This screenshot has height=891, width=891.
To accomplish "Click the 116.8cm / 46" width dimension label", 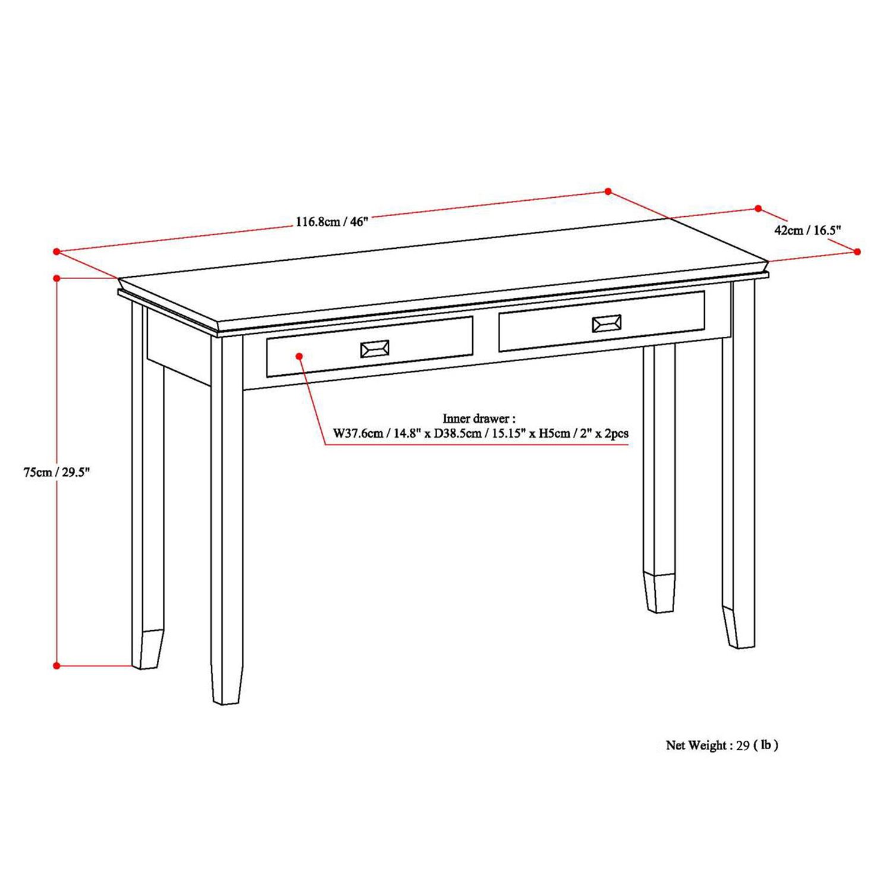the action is pos(333,222).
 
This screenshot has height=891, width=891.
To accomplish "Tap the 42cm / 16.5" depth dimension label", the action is pos(808,230).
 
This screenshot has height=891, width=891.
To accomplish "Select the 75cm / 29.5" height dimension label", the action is pos(56,472).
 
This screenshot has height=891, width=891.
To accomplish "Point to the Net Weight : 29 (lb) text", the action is pos(722,745).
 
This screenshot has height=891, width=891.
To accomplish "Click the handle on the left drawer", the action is pos(375,349).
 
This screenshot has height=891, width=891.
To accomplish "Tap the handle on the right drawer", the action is pos(606,323).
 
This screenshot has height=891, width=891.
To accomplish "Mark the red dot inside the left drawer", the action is pos(299,356).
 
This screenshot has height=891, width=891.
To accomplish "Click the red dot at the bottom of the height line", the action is pos(57,666).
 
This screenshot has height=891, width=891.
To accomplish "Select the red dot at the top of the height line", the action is pos(57,278).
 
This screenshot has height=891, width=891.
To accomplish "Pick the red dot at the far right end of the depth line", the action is pos(857,252).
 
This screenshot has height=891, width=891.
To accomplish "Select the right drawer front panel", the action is pos(602,321).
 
